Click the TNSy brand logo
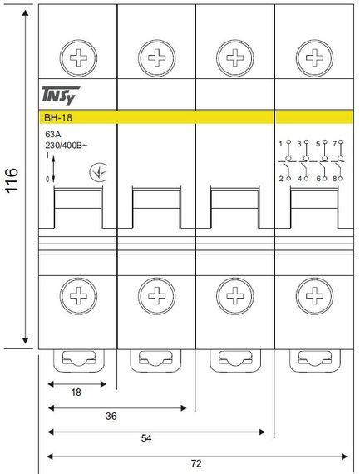[x=61, y=96]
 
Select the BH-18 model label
[x=58, y=117]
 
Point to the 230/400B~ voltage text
[x=67, y=145]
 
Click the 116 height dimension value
[x=12, y=180]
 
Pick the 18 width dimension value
[x=76, y=392]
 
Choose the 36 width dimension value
[x=111, y=417]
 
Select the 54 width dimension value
[x=146, y=438]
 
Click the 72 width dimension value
[x=196, y=463]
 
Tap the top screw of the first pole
[x=78, y=57]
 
